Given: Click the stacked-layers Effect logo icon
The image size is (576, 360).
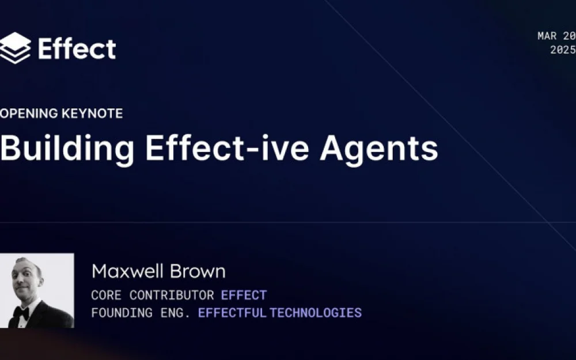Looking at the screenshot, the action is (15, 48).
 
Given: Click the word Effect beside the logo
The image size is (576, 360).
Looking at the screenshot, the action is (77, 48).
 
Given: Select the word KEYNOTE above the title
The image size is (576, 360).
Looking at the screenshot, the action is (92, 113).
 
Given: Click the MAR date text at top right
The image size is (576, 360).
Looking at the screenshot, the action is (547, 36).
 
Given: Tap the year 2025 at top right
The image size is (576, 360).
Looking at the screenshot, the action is (563, 50).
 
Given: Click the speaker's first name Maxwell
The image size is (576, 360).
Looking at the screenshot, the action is (127, 271).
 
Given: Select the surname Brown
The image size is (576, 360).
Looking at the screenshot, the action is (198, 271).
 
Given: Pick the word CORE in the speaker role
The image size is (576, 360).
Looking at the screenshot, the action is (106, 295).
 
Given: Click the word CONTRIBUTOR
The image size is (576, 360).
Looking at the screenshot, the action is (172, 295).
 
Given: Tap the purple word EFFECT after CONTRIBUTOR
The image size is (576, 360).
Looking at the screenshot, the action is (244, 295).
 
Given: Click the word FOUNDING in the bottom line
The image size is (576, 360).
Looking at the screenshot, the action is (122, 313).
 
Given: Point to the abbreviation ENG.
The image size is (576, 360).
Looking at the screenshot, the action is (176, 313).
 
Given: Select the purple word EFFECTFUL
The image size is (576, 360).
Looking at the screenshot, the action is (232, 313).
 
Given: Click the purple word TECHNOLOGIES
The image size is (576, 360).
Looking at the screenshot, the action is (316, 313).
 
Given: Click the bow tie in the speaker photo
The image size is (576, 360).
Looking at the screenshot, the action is (21, 313).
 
